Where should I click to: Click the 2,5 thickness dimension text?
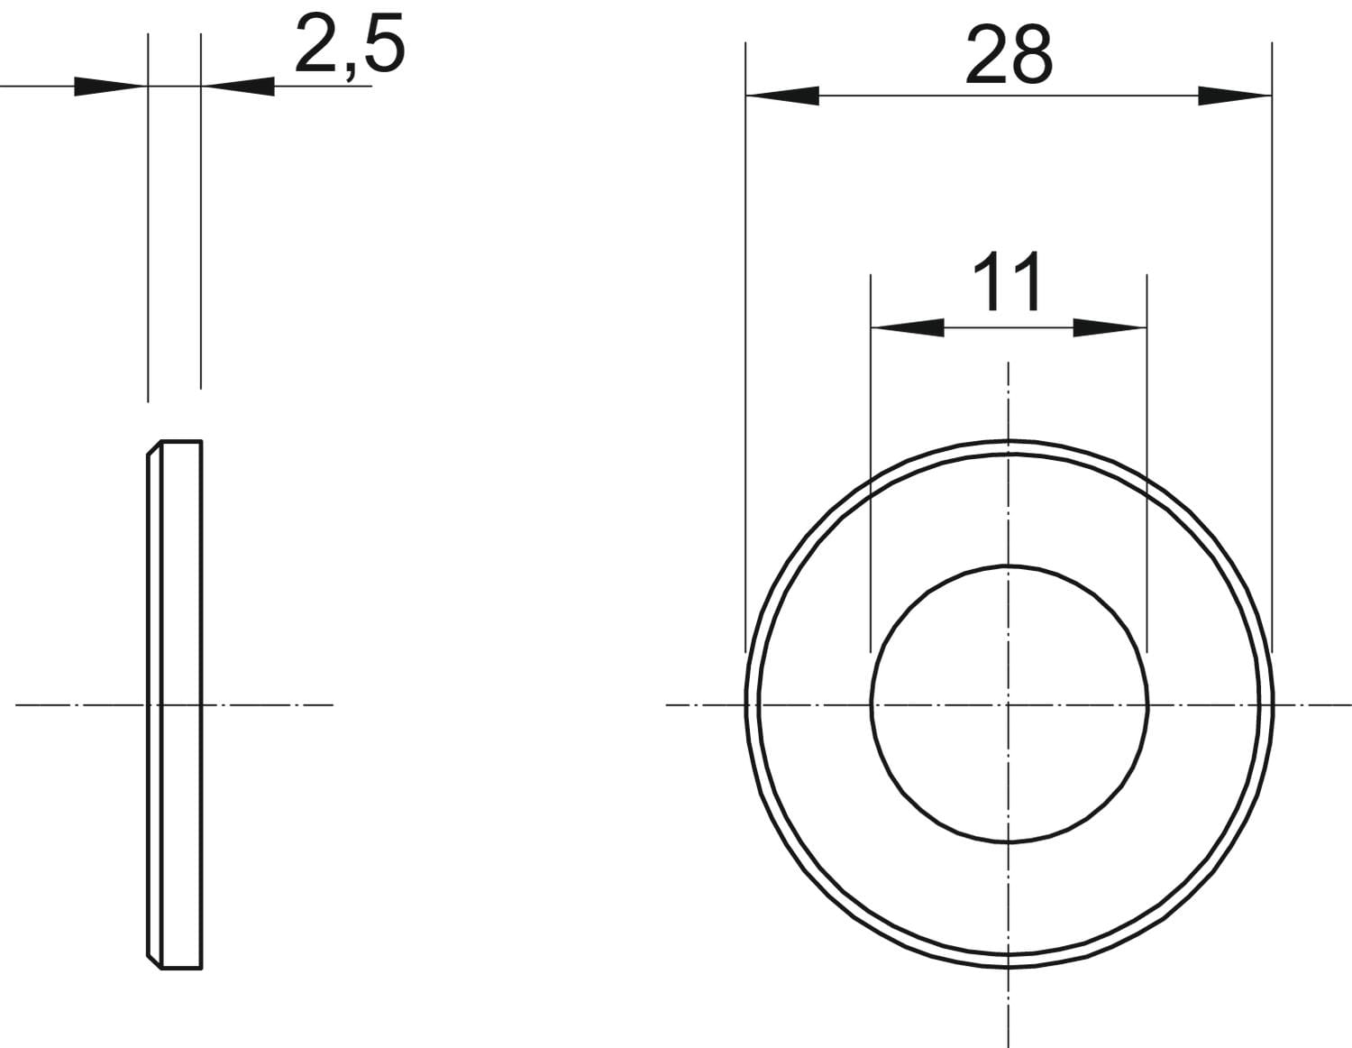(351, 46)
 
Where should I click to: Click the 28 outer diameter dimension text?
(1009, 55)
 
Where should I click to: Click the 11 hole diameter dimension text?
(1008, 282)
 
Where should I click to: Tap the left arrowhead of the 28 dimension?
(782, 96)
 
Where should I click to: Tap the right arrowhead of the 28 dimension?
(1235, 96)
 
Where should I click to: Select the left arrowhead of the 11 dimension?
(908, 327)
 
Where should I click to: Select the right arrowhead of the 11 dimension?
(1110, 327)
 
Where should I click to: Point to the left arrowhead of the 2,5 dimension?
(111, 87)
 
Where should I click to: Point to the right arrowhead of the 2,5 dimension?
(238, 87)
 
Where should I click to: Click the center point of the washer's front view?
(1008, 705)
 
